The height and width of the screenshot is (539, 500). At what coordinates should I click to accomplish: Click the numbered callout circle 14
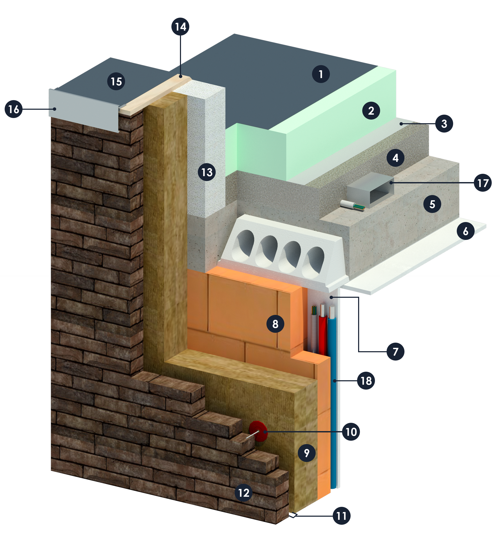tap(180, 27)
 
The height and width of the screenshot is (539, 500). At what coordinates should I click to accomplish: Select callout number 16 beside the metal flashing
tap(13, 109)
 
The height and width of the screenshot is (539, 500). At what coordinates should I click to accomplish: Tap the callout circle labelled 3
tap(444, 123)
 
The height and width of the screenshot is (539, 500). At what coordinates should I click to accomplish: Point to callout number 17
tap(483, 183)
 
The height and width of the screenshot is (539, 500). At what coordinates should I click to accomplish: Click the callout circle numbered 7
tap(395, 351)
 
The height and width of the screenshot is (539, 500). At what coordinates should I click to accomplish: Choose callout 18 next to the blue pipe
tap(366, 381)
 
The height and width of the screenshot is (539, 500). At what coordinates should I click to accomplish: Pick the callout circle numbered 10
tap(351, 432)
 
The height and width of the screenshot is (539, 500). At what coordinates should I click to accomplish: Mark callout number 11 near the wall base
tap(342, 516)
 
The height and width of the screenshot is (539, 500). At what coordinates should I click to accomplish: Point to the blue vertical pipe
tap(333, 396)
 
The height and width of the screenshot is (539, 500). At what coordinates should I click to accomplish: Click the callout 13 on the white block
tap(207, 172)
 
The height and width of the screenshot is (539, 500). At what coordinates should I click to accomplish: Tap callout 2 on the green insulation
tap(371, 110)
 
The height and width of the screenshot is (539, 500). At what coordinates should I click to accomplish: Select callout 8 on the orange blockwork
tap(275, 323)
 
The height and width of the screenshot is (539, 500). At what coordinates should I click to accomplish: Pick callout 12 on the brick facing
tap(243, 493)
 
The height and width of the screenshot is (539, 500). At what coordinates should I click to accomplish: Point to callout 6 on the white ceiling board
tap(465, 231)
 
